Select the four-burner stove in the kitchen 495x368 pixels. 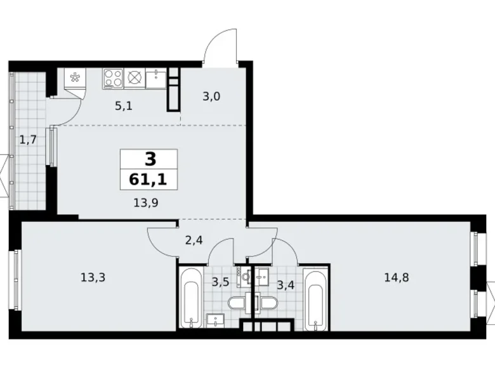click(x=113, y=77)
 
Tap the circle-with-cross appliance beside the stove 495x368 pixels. click(x=135, y=77)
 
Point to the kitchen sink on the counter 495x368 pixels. click(x=155, y=79)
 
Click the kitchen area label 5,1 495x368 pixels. click(x=123, y=107)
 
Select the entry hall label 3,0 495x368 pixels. click(x=211, y=96)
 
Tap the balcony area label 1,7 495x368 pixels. click(x=27, y=139)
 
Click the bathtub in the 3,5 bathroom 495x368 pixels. click(x=190, y=298)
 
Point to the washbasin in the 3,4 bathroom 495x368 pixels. click(x=263, y=277)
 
